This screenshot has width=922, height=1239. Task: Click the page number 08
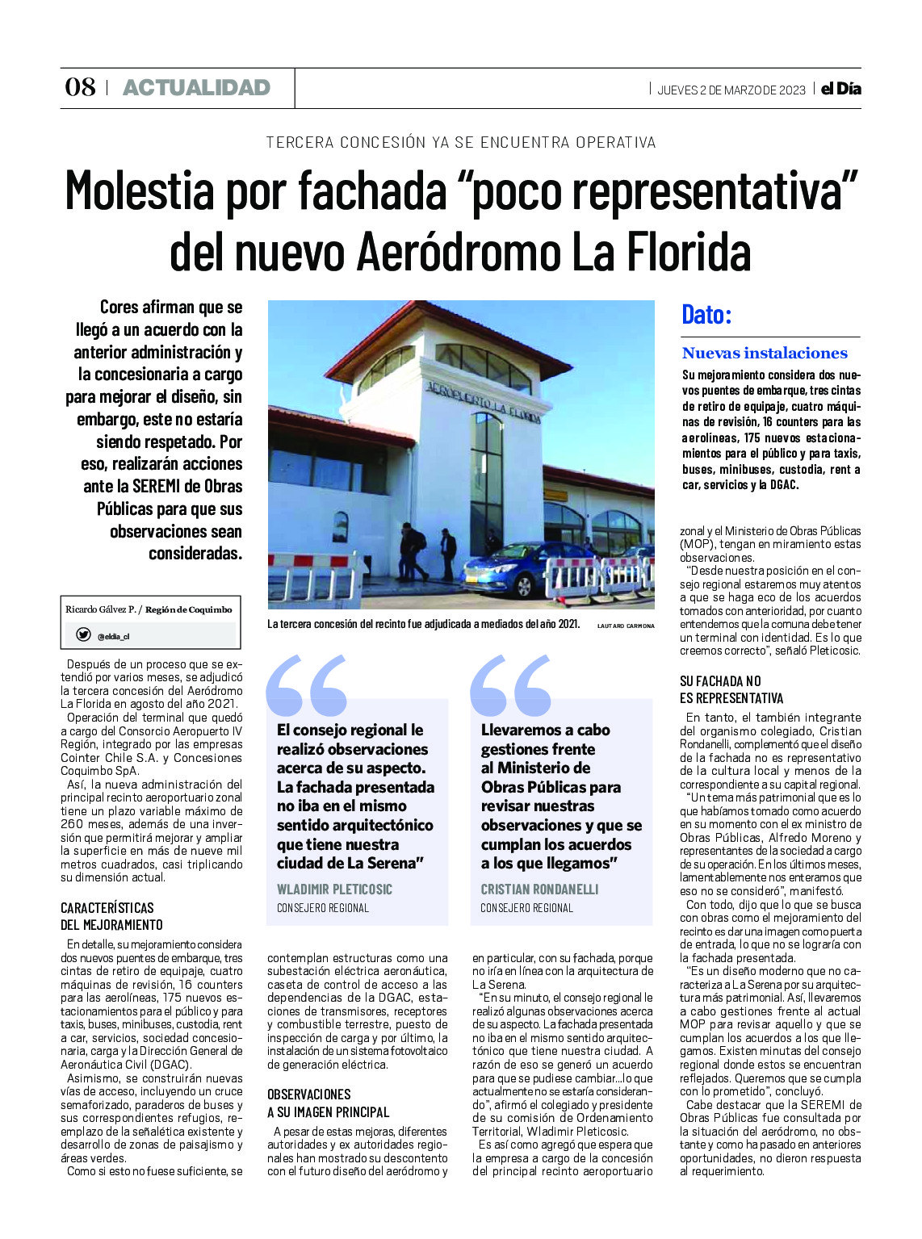click(x=80, y=87)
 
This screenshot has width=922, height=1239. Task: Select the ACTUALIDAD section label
click(x=196, y=87)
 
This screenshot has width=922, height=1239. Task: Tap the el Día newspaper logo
click(x=840, y=89)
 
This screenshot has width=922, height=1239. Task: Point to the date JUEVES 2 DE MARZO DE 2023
click(x=731, y=90)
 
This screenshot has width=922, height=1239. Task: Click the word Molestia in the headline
click(x=139, y=191)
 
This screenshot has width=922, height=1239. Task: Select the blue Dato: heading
click(x=706, y=314)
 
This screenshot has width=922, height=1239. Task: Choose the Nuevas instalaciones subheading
click(x=765, y=353)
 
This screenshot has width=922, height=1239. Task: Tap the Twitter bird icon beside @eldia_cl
click(x=83, y=634)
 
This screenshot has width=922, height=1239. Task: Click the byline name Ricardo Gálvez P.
click(x=100, y=609)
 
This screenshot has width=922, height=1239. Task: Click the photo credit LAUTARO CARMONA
click(x=626, y=626)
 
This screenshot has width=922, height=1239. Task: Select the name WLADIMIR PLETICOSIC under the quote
click(x=334, y=889)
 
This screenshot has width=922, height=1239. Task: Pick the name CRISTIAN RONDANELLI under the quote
click(x=539, y=889)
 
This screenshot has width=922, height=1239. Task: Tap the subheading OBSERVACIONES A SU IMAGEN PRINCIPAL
click(x=328, y=1103)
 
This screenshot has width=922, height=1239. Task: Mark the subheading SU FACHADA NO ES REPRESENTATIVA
click(x=731, y=689)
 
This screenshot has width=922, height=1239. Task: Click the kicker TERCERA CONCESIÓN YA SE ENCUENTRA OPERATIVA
click(x=460, y=143)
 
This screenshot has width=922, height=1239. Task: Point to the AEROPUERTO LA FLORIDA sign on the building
click(x=483, y=400)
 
